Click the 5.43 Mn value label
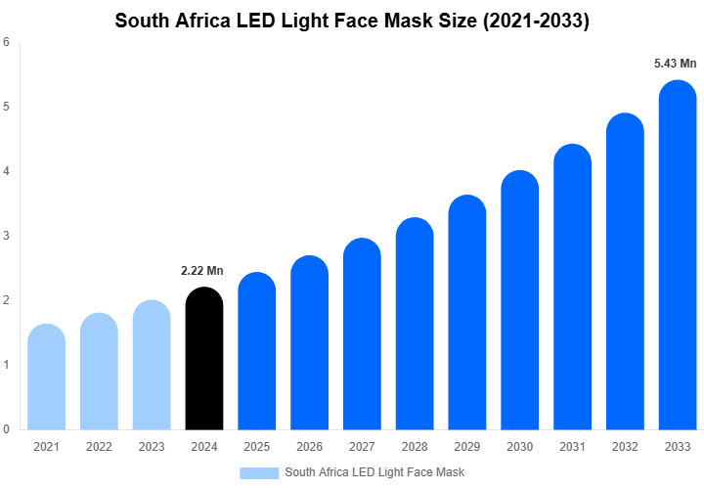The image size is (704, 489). pos(675,64)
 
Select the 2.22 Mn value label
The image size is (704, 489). pos(202,271)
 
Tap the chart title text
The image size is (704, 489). pos(352,21)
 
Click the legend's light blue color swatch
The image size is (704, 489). pos(259,473)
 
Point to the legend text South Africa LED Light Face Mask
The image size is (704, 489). pos(374,473)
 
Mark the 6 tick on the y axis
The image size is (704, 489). pos(7,42)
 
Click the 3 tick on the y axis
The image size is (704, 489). pos(7,236)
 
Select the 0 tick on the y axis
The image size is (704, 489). pos(7,429)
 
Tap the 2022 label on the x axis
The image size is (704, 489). pos(99,447)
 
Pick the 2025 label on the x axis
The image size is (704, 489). pos(256,447)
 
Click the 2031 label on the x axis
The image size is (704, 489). pos(572,447)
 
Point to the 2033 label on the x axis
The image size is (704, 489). pos(678,447)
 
